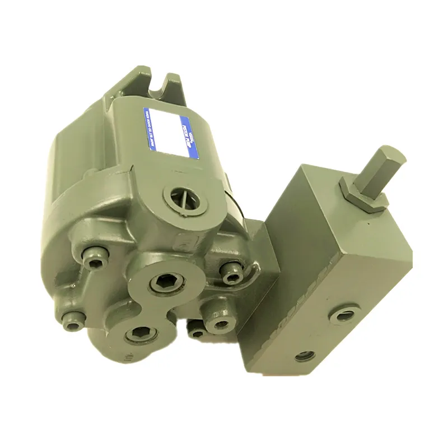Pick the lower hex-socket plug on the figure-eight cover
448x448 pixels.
click(x=137, y=334)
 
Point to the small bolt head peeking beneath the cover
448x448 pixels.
click(x=196, y=332)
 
